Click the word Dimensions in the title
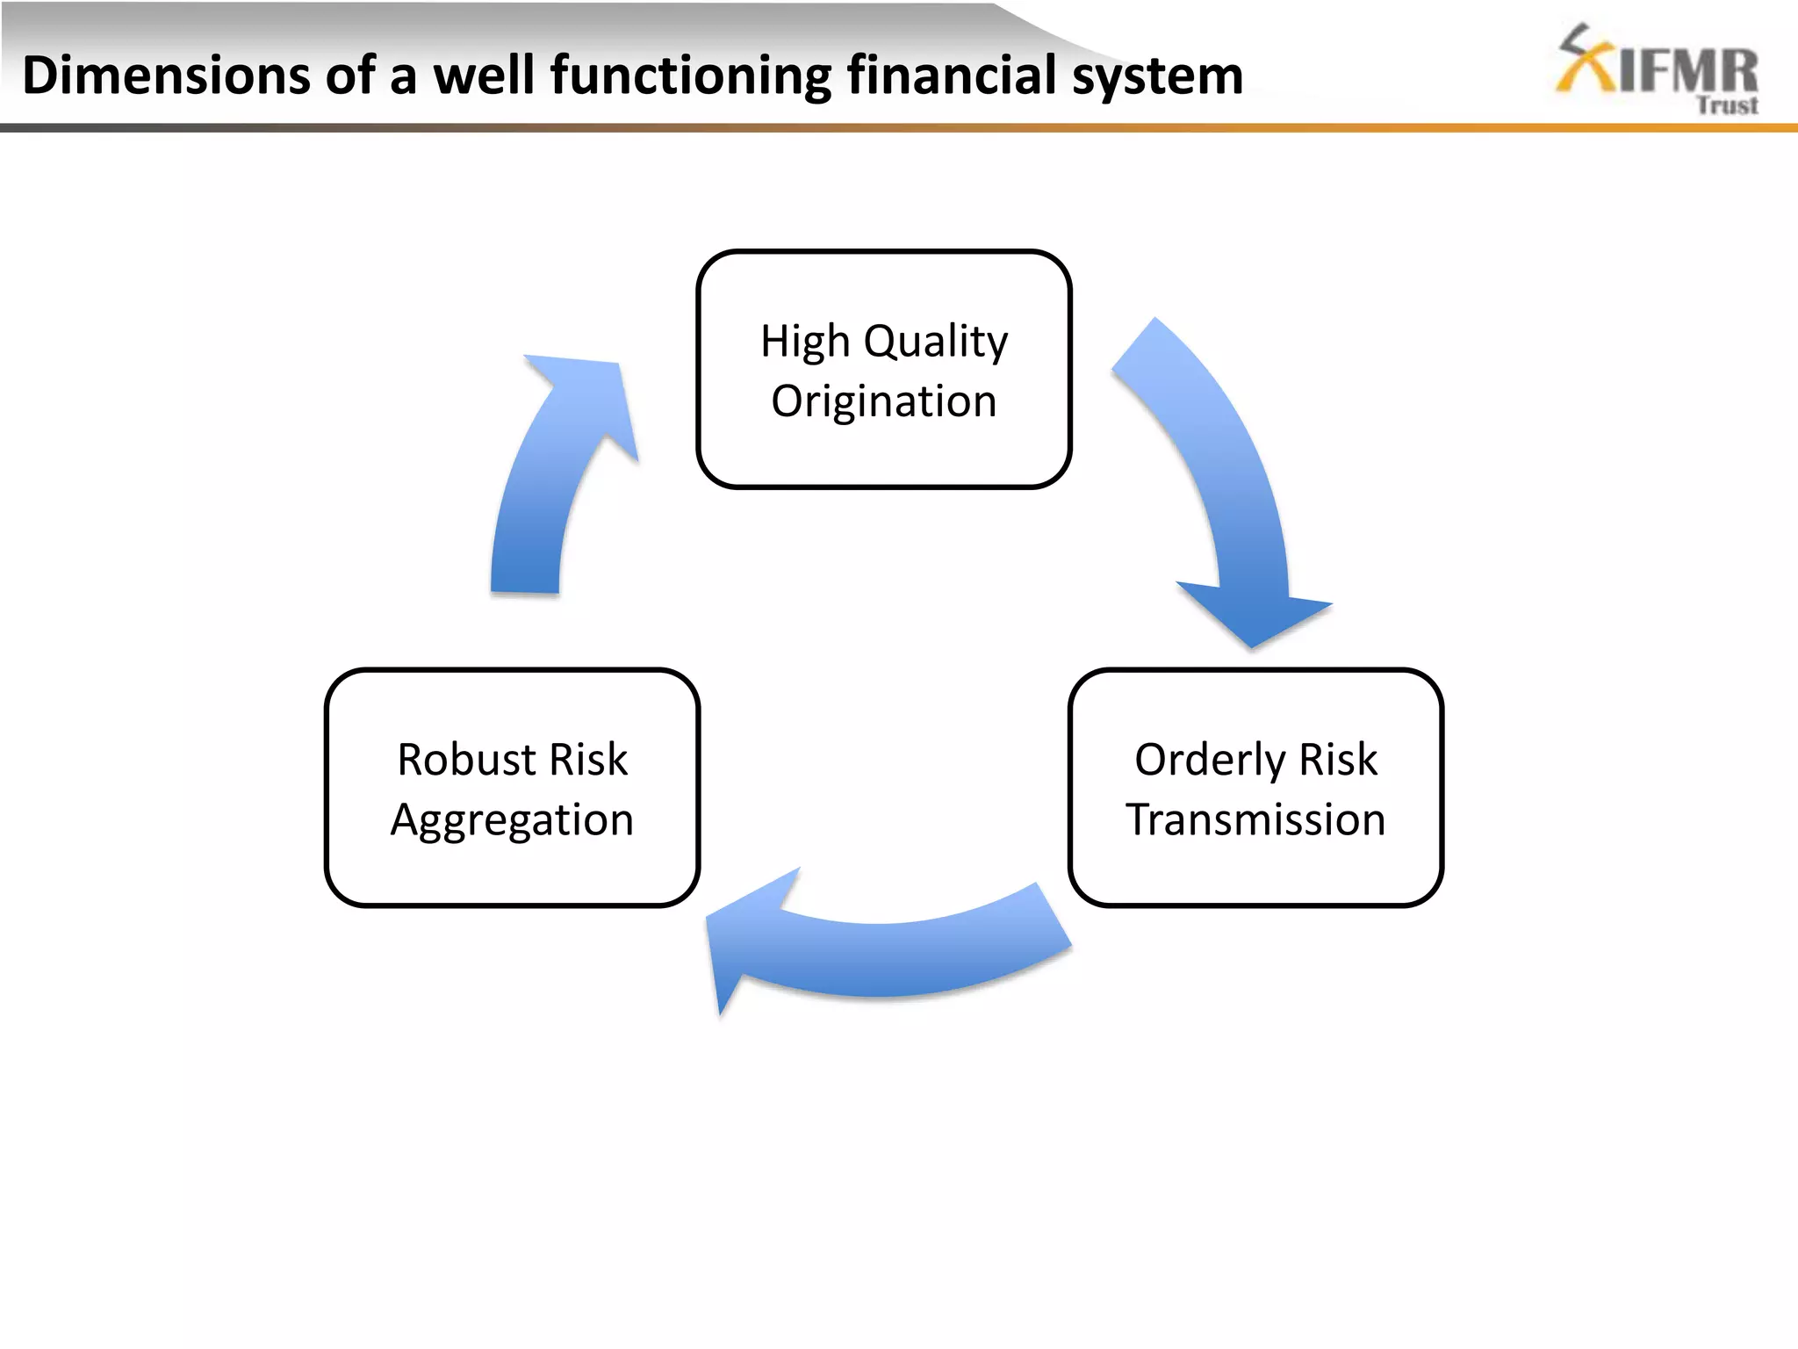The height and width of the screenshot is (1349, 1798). point(166,76)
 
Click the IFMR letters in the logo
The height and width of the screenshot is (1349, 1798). point(1687,71)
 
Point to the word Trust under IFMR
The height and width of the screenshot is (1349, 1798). point(1726,105)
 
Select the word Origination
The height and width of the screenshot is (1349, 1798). point(884,402)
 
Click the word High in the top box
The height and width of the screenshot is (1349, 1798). point(805,342)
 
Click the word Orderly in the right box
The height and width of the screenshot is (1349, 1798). point(1210,760)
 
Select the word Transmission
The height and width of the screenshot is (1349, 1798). point(1255,820)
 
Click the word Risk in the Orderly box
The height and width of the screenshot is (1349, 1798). point(1338,760)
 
